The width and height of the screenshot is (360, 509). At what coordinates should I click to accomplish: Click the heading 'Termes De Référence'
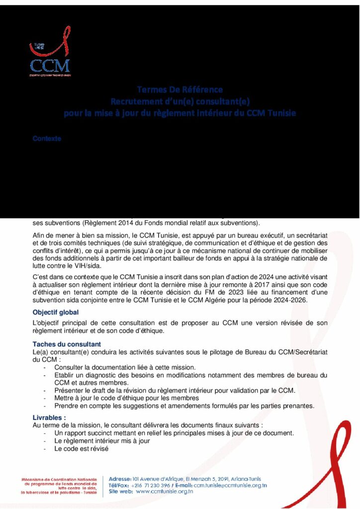tap(180, 90)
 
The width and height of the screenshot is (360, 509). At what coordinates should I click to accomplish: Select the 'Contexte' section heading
tap(47, 139)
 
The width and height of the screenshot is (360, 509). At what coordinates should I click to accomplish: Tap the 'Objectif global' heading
tap(56, 312)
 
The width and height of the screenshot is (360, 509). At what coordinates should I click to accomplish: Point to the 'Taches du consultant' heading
tap(67, 344)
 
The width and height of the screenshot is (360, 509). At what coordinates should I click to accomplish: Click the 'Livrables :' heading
tap(49, 418)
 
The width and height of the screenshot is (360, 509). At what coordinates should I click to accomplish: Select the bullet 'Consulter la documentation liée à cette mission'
tap(125, 367)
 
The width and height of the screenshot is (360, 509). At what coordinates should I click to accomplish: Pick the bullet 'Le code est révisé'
tap(82, 449)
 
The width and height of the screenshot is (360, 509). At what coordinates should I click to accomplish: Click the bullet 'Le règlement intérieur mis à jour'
tap(102, 441)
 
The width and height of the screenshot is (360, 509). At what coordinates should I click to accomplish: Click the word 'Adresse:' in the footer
tap(120, 479)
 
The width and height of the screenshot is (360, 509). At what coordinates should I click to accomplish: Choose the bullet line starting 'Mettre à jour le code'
tap(127, 398)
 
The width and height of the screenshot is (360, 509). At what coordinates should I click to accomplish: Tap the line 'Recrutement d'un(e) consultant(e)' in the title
tap(180, 101)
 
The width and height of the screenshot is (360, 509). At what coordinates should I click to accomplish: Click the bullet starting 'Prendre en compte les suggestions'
tap(184, 406)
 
